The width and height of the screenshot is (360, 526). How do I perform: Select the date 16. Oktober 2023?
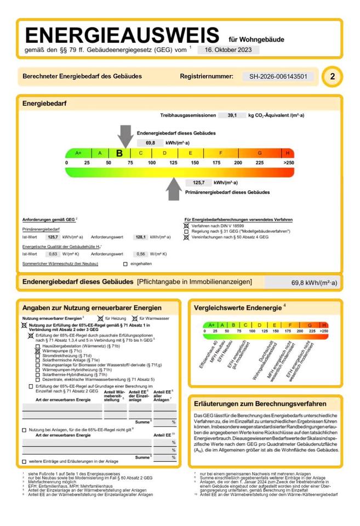(228, 49)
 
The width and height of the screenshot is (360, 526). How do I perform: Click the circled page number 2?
(332, 77)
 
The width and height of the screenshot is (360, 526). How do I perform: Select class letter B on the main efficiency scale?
(119, 153)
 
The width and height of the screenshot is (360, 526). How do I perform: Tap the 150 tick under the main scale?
(195, 163)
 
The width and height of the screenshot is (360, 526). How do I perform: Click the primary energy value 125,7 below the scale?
(195, 182)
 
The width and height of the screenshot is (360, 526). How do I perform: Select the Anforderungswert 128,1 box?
(140, 237)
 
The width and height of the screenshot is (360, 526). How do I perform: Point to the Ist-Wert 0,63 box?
(53, 254)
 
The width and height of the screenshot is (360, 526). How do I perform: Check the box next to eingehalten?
(125, 264)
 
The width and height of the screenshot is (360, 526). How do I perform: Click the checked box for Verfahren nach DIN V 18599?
(186, 225)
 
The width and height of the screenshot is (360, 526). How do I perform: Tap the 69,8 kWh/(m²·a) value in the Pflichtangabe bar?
(314, 283)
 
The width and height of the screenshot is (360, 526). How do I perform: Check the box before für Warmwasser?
(134, 318)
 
